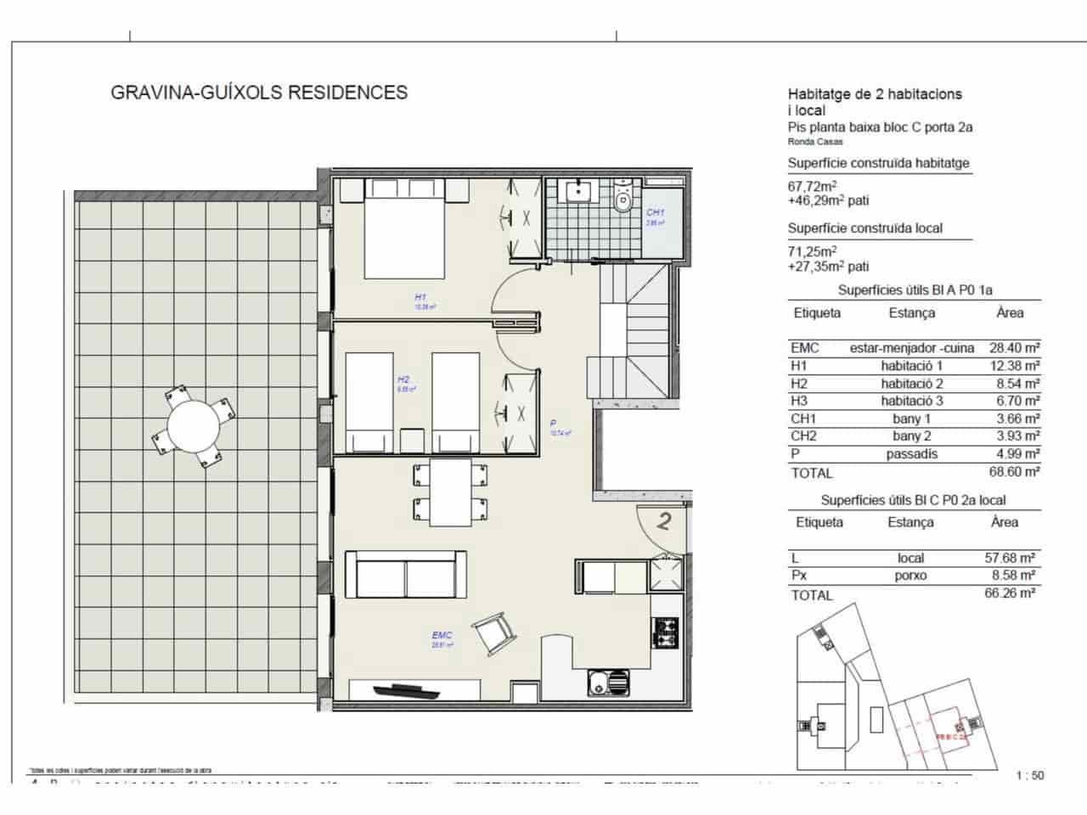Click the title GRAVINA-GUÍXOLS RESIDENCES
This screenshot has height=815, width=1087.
[x=259, y=93]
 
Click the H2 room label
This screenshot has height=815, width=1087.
[x=404, y=380]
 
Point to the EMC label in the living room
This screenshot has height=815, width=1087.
[x=442, y=636]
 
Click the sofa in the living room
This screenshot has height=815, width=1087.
[x=406, y=575]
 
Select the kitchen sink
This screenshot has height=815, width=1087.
[x=608, y=680]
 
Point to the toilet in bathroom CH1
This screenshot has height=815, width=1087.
[x=623, y=200]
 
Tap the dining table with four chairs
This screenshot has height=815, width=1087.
[x=450, y=492]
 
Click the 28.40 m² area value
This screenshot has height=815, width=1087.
[x=1014, y=348]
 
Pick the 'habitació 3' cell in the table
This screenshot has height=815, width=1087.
[x=911, y=401]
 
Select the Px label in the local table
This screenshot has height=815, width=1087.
[x=799, y=576]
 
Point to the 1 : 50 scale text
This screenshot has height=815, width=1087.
[x=1030, y=775]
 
